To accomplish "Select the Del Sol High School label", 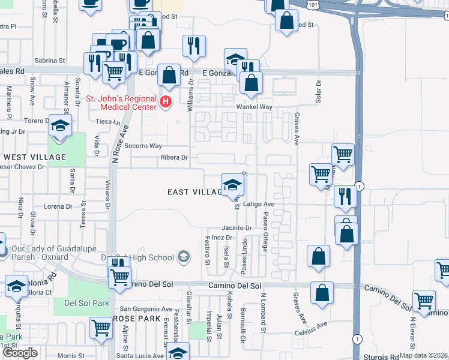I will coord(137,258).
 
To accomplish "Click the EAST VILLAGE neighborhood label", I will coord(193,192).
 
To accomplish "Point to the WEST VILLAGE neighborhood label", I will coord(34,157).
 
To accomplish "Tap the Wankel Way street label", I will coord(255,107).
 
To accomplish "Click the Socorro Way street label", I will coord(143,146).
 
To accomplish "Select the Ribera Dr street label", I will coord(174,158).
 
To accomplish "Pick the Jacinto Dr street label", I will coord(237,228).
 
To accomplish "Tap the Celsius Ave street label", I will coord(312,327).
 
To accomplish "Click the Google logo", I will coord(20,353).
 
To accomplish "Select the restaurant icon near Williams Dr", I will coord(194,46).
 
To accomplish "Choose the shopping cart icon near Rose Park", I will coord(101,328).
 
